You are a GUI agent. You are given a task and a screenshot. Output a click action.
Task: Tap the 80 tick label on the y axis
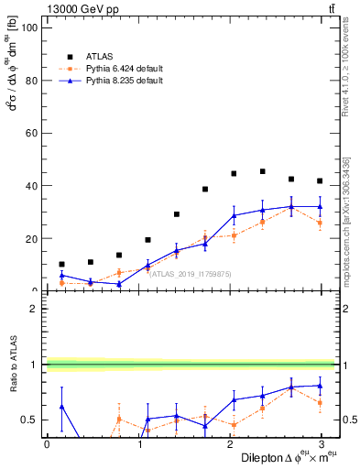click(x=31, y=80)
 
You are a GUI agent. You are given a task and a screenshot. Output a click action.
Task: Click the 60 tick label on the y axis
click(x=31, y=133)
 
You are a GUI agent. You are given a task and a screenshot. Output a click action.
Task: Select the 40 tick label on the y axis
click(x=31, y=186)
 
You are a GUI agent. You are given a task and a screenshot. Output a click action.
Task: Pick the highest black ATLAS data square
click(x=262, y=171)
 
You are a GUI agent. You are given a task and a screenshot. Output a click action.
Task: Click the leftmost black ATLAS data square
click(x=61, y=264)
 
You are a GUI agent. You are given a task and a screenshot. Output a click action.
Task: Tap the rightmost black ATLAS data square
click(x=320, y=180)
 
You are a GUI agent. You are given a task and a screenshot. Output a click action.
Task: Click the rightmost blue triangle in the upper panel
click(x=320, y=206)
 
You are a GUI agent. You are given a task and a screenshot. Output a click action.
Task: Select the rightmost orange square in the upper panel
click(x=320, y=223)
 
